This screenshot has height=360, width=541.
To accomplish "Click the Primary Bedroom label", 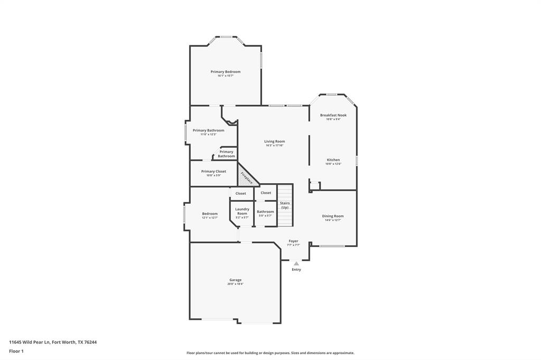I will (x=225, y=72).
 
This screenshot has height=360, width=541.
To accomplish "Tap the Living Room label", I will (x=275, y=141).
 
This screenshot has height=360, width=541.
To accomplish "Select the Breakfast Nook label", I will (x=333, y=115).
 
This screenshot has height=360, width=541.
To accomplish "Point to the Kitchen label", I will (x=333, y=160).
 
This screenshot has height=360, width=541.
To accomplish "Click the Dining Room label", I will (x=333, y=216).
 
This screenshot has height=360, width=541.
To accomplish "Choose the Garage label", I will (x=235, y=280).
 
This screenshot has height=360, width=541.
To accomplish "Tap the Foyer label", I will (x=293, y=241).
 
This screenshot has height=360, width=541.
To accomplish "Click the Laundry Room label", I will (x=242, y=211).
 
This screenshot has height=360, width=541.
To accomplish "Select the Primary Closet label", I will (x=213, y=172).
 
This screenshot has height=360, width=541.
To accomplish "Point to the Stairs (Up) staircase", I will (x=285, y=205).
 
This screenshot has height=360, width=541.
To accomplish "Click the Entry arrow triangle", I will (x=296, y=263).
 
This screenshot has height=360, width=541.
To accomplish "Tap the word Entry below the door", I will (x=296, y=270).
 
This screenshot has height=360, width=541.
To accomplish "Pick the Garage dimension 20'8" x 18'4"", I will (x=235, y=284).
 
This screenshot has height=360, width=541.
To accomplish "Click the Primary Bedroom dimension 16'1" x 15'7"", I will (x=225, y=76).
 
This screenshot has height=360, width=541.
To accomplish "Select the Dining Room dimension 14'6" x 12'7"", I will (x=333, y=220).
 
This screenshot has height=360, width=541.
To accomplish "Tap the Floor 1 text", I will (x=16, y=351).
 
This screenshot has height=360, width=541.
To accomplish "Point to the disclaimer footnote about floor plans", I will (x=270, y=353).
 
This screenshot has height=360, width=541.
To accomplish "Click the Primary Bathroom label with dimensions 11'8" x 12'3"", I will (x=208, y=130).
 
